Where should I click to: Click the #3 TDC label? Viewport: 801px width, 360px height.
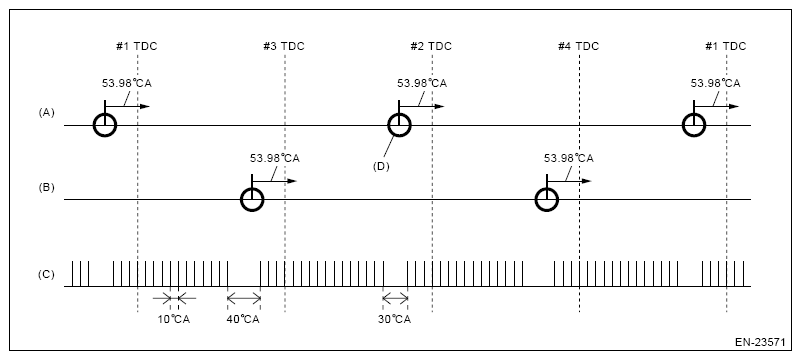[x=284, y=46]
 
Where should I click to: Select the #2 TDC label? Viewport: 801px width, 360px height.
[x=431, y=46]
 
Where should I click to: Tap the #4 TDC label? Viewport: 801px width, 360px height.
[x=579, y=46]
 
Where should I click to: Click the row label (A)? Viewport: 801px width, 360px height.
[x=46, y=113]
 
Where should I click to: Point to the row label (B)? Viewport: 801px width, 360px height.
[x=46, y=186]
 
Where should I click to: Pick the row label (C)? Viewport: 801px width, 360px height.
[x=46, y=271]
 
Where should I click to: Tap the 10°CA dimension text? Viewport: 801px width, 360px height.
[x=170, y=319]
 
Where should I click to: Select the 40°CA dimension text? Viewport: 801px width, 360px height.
[x=243, y=319]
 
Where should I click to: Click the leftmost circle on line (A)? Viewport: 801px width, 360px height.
[x=104, y=125]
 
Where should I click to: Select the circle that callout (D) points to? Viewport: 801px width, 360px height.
[x=399, y=125]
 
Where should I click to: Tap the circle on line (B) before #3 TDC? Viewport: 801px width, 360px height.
[x=252, y=199]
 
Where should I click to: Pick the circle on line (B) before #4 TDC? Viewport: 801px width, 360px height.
[x=546, y=199]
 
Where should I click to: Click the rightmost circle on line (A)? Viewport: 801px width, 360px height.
[x=694, y=125]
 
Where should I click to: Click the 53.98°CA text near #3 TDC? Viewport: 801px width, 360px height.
[x=274, y=158]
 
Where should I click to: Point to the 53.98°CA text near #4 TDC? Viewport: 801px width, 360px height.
[x=568, y=158]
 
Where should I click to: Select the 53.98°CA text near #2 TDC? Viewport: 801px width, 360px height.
[x=421, y=84]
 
